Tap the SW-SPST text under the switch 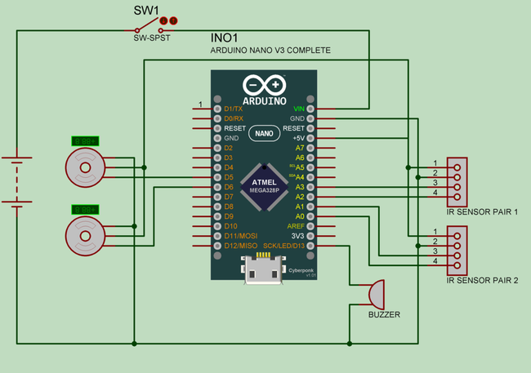151,38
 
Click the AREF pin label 295,226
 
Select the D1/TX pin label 234,109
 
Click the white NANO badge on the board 264,133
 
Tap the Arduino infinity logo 264,85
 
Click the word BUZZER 384,314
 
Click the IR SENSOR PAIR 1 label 482,211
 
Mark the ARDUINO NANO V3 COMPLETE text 270,50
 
